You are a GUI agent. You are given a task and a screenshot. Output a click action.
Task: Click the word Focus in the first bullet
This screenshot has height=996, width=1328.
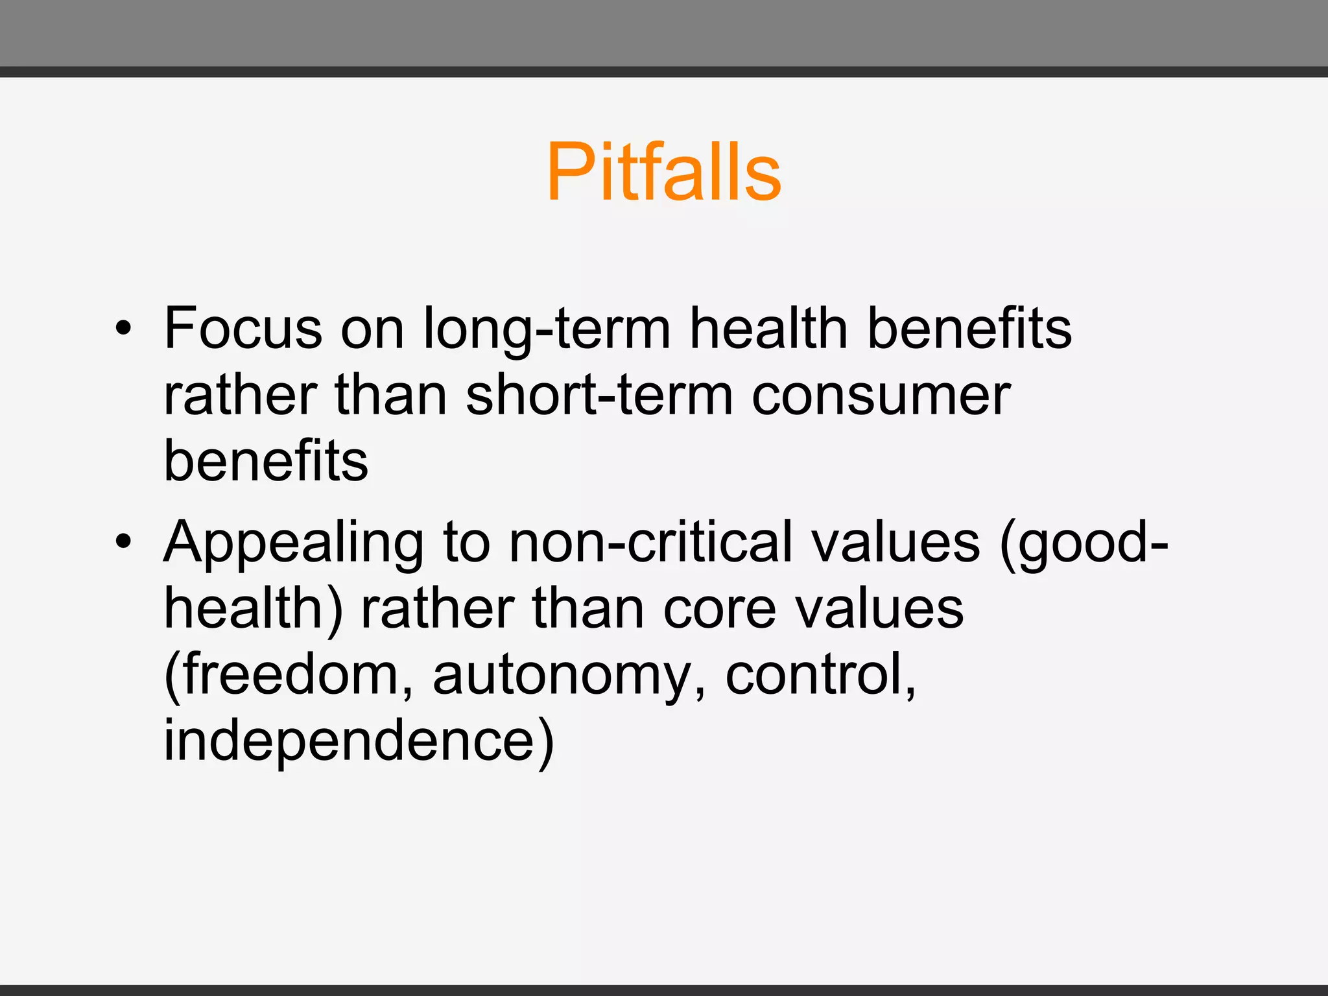coord(243,328)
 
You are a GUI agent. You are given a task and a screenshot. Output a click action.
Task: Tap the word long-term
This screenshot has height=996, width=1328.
coord(547,329)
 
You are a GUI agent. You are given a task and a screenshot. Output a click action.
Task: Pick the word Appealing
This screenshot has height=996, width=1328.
coord(293,543)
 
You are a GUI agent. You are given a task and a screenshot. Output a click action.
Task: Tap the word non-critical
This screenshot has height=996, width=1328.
coord(650,542)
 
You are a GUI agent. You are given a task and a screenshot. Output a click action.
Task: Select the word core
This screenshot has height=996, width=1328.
coord(720,610)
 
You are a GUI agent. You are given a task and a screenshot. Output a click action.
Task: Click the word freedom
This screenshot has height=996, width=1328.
coord(289,674)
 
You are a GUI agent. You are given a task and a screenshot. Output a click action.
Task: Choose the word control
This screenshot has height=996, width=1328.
coord(820,674)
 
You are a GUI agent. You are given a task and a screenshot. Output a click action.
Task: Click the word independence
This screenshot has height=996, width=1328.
coord(359,742)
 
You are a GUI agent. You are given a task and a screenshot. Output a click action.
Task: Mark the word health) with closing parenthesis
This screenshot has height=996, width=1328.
coord(253,610)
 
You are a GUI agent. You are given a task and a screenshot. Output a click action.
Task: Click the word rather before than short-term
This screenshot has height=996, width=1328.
coord(240,396)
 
